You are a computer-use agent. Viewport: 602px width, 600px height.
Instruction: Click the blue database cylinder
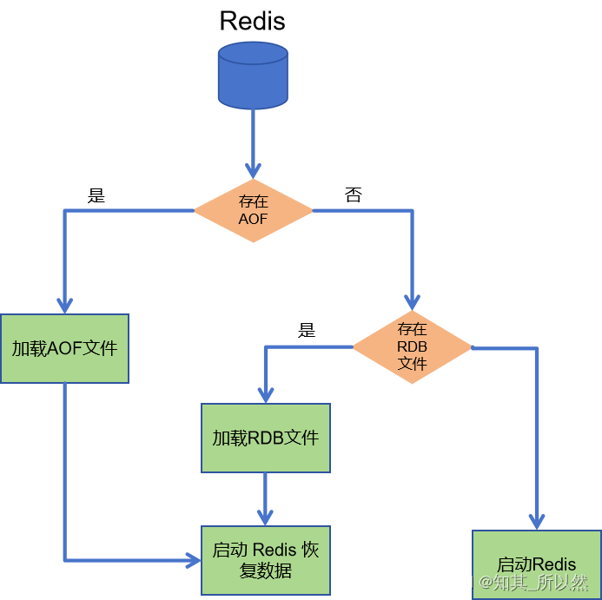pyautogui.click(x=253, y=76)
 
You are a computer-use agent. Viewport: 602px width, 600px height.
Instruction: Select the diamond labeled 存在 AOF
pyautogui.click(x=253, y=211)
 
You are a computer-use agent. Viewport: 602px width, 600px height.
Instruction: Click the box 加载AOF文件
pyautogui.click(x=64, y=348)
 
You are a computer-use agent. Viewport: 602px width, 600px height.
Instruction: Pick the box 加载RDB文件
pyautogui.click(x=266, y=438)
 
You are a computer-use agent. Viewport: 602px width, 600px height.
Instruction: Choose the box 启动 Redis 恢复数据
pyautogui.click(x=266, y=560)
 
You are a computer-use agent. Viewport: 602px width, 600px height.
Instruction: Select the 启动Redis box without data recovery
pyautogui.click(x=537, y=564)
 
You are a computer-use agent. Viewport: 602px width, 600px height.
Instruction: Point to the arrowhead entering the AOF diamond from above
pyautogui.click(x=253, y=169)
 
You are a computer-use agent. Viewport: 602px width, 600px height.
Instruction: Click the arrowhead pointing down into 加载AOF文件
pyautogui.click(x=64, y=305)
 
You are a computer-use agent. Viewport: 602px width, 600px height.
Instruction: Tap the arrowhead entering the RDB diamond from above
pyautogui.click(x=413, y=301)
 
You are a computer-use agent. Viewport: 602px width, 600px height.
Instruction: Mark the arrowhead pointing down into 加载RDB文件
pyautogui.click(x=266, y=394)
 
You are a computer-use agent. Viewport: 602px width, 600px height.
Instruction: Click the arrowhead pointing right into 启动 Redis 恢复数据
pyautogui.click(x=193, y=560)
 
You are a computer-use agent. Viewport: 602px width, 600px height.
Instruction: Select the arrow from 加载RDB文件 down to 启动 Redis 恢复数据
pyautogui.click(x=266, y=498)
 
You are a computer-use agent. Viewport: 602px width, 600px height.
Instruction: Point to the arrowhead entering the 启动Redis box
pyautogui.click(x=537, y=521)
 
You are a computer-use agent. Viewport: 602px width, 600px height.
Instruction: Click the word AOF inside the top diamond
pyautogui.click(x=253, y=220)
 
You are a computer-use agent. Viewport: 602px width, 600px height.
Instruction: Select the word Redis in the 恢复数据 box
pyautogui.click(x=275, y=551)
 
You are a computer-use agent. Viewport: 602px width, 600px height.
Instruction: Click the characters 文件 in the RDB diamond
pyautogui.click(x=413, y=364)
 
